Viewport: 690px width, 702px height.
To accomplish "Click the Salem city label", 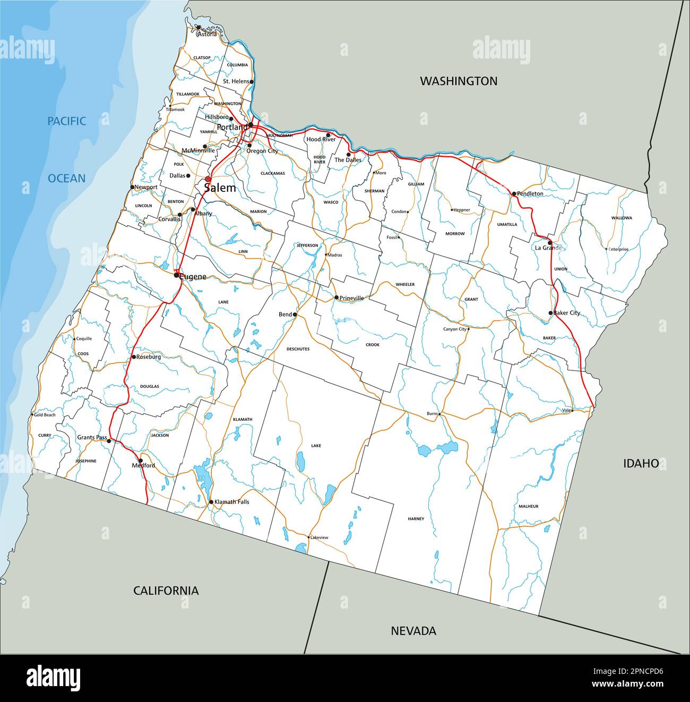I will click(220, 188).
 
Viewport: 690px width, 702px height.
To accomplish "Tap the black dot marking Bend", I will click(295, 315).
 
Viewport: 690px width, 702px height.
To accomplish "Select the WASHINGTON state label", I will click(459, 81).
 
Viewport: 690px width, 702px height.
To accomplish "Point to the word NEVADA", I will click(413, 631).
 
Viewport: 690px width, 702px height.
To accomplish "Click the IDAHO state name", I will click(641, 463).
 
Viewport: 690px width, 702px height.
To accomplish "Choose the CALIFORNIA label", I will click(166, 590).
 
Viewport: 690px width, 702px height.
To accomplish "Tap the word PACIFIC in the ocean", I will click(66, 121).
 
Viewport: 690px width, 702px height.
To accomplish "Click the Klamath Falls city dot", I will click(211, 502).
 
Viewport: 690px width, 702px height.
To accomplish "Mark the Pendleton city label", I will click(530, 194).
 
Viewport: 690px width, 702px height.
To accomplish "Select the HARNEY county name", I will click(416, 519).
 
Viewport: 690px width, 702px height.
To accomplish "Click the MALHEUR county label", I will click(529, 506).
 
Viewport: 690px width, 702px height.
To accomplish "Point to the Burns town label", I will click(432, 413).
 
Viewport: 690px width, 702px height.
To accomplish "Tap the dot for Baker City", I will click(550, 313).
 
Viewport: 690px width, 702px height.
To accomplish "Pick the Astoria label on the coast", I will click(207, 34).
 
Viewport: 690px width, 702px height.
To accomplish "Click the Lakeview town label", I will click(320, 537).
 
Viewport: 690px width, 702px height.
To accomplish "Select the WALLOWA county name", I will click(622, 218).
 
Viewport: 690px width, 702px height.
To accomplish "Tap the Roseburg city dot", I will click(134, 357).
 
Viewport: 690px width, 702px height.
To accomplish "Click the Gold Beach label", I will click(45, 415).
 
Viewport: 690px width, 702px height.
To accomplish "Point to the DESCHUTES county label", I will click(298, 349).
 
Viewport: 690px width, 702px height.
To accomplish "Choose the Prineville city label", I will click(351, 298).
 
